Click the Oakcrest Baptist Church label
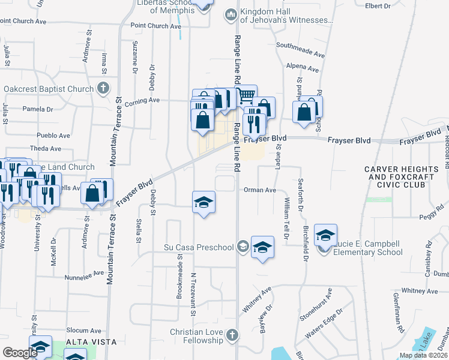click(49, 89)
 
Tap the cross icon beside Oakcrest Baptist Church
click(103, 89)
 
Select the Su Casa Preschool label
click(199, 247)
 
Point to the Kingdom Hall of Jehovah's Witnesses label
click(286, 16)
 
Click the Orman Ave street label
click(259, 190)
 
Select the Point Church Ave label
click(155, 26)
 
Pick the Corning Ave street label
click(142, 100)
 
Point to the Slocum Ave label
click(83, 331)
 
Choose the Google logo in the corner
click(20, 353)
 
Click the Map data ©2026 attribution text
click(423, 355)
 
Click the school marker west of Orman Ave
click(203, 202)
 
